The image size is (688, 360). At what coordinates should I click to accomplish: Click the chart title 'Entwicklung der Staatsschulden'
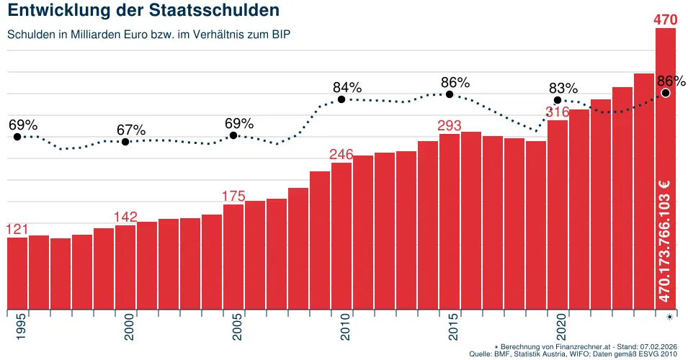(143, 12)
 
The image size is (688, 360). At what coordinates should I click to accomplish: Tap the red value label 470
(665, 19)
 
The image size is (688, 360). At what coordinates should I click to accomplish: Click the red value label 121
(17, 229)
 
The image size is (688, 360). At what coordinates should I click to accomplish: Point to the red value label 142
(125, 217)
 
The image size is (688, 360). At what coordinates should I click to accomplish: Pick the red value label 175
(233, 196)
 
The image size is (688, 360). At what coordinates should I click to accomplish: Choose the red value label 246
(341, 154)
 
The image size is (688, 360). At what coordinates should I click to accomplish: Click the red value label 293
(450, 125)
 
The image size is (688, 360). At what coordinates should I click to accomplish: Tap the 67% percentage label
(131, 130)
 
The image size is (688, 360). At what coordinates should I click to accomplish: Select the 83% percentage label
(563, 88)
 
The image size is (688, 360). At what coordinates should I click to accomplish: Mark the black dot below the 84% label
(341, 99)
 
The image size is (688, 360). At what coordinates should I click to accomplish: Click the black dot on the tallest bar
(666, 93)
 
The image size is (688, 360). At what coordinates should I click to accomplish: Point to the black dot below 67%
(125, 142)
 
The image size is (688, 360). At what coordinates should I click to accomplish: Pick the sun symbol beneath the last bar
(670, 317)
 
